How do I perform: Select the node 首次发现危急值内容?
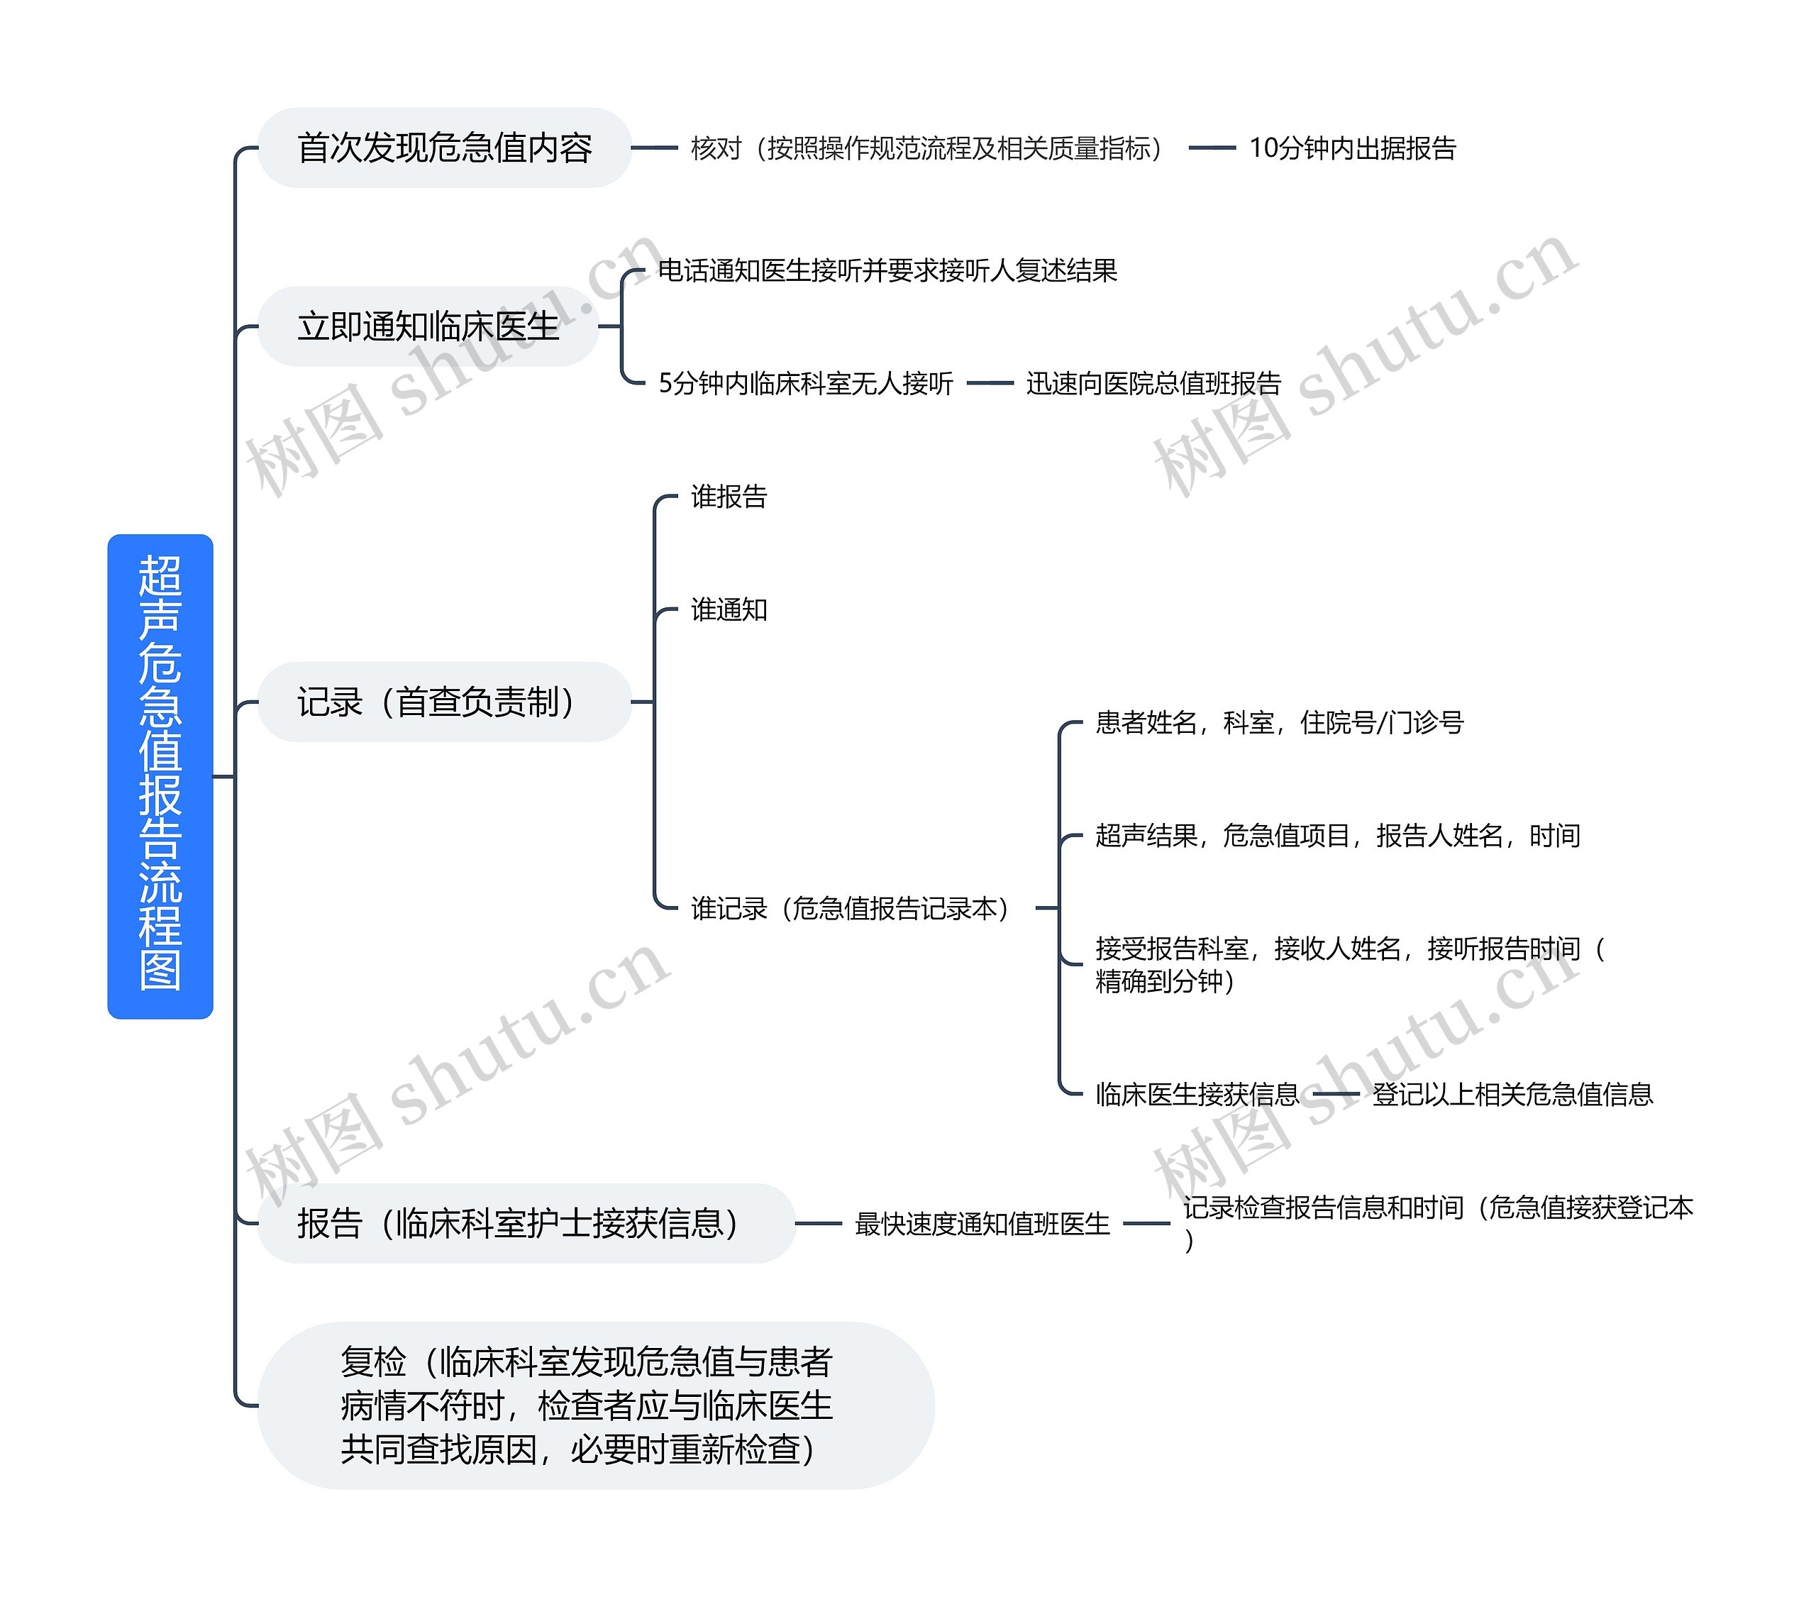pos(444,148)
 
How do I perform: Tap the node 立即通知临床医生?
pos(428,326)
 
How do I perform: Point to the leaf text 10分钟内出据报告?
pos(1352,148)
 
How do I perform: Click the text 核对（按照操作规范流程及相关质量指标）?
pos(926,148)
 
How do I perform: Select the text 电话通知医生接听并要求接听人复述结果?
pos(887,270)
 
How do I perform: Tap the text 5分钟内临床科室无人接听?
pos(805,383)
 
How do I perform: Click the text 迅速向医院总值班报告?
pos(1153,383)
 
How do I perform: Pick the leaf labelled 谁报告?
pos(729,496)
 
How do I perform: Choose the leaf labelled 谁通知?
pos(729,609)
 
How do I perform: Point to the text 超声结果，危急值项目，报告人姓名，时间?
pos(1337,835)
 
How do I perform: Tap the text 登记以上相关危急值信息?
pos(1512,1094)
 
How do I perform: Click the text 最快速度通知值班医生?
pos(982,1224)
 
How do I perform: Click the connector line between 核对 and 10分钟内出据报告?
pos(1212,148)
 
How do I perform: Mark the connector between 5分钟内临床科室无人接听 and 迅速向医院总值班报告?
pos(990,383)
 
